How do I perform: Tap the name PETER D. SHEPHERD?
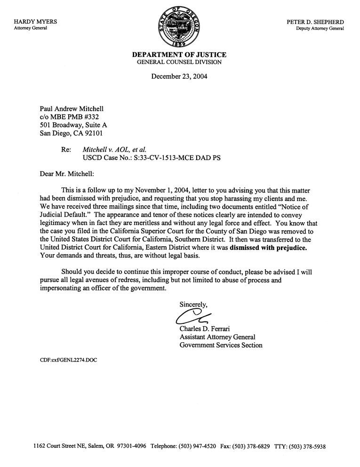point(315,22)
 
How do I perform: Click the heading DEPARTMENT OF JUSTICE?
point(179,55)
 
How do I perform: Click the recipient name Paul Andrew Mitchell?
point(72,109)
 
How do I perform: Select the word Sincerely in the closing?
point(193,304)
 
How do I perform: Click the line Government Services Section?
point(221,345)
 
